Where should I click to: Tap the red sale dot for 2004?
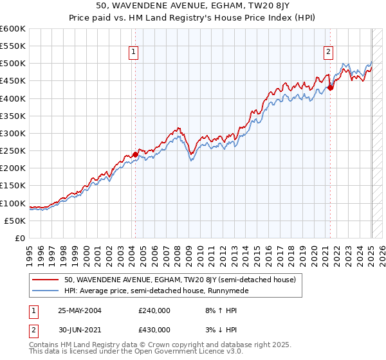[135, 154]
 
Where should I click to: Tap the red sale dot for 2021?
[331, 88]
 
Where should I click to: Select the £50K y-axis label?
[15, 221]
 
